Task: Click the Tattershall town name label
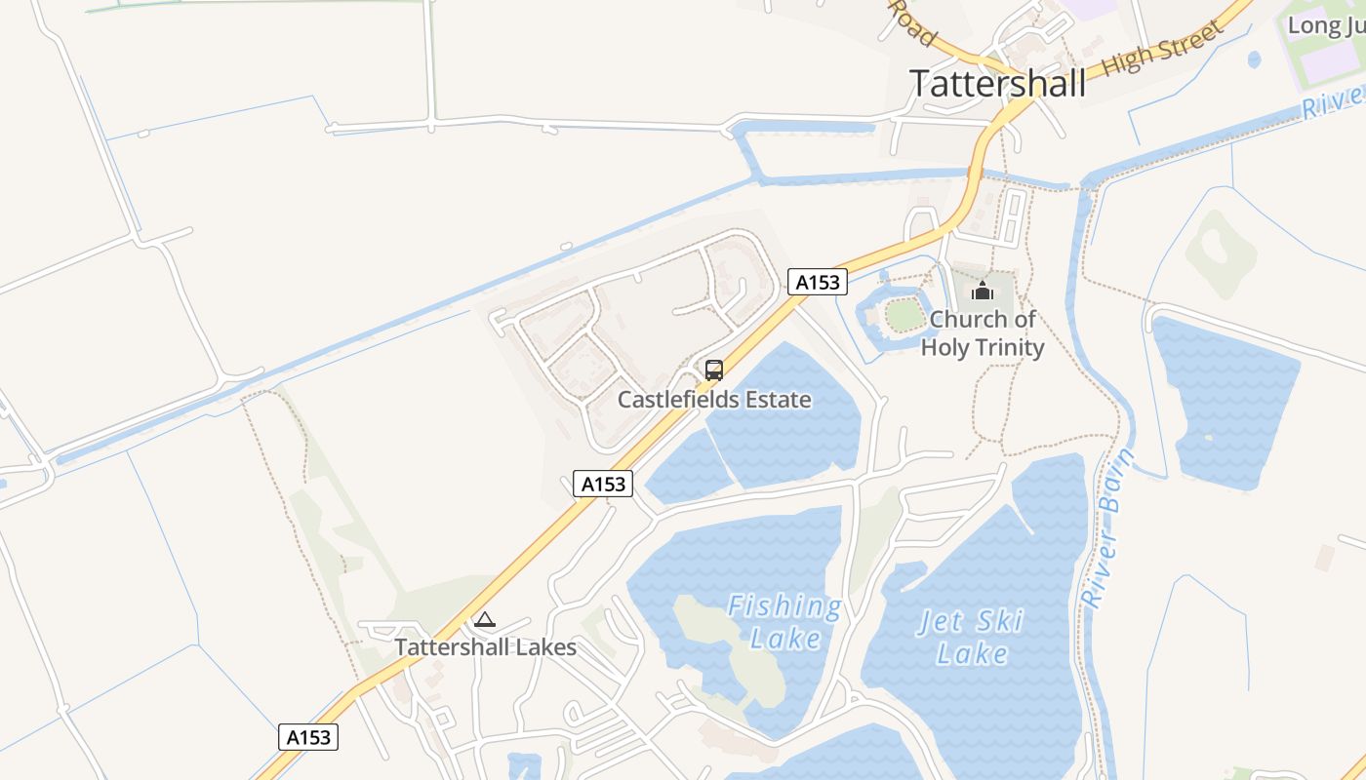coord(997,84)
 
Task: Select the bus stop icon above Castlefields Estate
coord(714,370)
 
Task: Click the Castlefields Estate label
coord(714,400)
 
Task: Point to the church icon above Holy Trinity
coord(982,291)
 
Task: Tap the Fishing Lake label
coord(784,622)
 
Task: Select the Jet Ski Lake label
coord(971,637)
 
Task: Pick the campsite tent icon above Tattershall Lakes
coord(485,619)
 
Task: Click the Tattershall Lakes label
coord(485,647)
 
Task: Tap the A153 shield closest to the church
coord(818,282)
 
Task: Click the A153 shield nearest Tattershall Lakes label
coord(308,737)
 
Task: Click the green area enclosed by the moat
coord(904,314)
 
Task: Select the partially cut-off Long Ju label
coord(1325,25)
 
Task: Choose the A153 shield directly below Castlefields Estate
coord(603,483)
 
